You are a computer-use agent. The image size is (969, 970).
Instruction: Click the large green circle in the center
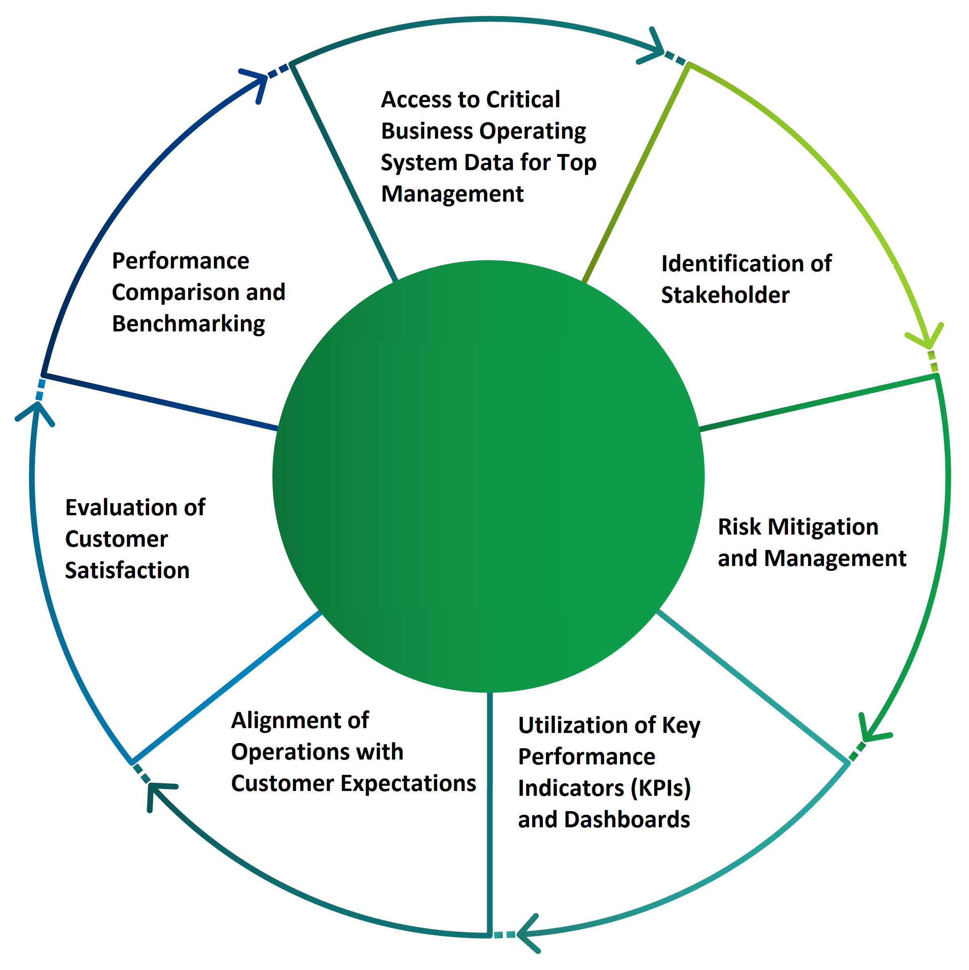[x=488, y=476]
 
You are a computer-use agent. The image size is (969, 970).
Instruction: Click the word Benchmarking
[x=188, y=324]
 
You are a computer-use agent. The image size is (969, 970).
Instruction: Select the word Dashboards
[x=627, y=819]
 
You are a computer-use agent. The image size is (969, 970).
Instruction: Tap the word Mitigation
[x=823, y=527]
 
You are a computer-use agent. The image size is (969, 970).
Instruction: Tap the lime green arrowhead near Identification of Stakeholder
[x=928, y=339]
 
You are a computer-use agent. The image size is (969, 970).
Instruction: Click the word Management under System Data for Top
[x=452, y=194]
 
